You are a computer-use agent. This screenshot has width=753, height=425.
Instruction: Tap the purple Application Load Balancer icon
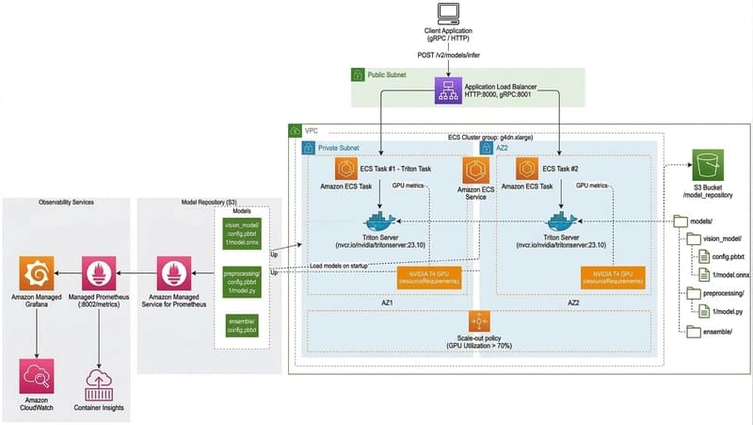point(446,90)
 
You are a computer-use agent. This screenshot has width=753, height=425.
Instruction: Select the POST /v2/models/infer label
point(446,55)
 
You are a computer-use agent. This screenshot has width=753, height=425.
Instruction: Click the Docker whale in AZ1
point(378,224)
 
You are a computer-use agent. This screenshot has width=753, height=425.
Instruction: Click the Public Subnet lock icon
point(358,74)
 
